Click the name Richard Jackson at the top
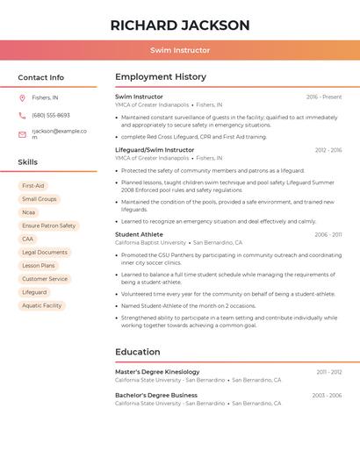coord(180,25)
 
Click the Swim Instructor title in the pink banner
coord(180,51)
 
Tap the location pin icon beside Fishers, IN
coord(22,97)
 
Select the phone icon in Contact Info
coord(22,115)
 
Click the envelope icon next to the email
coord(22,134)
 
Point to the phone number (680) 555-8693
coord(51,115)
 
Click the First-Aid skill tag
coord(33,186)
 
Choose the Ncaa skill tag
coord(29,212)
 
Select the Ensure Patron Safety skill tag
coord(49,225)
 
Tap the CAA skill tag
coord(28,239)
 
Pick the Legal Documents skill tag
coord(45,252)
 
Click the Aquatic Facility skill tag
coord(42,305)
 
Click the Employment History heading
coord(161,77)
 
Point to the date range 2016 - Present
coord(324,97)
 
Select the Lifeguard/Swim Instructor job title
coord(155,150)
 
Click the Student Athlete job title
coord(139,234)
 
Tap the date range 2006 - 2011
coord(328,235)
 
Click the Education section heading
coord(138,352)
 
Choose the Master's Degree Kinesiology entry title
coord(157,372)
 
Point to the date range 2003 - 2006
coord(327,396)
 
